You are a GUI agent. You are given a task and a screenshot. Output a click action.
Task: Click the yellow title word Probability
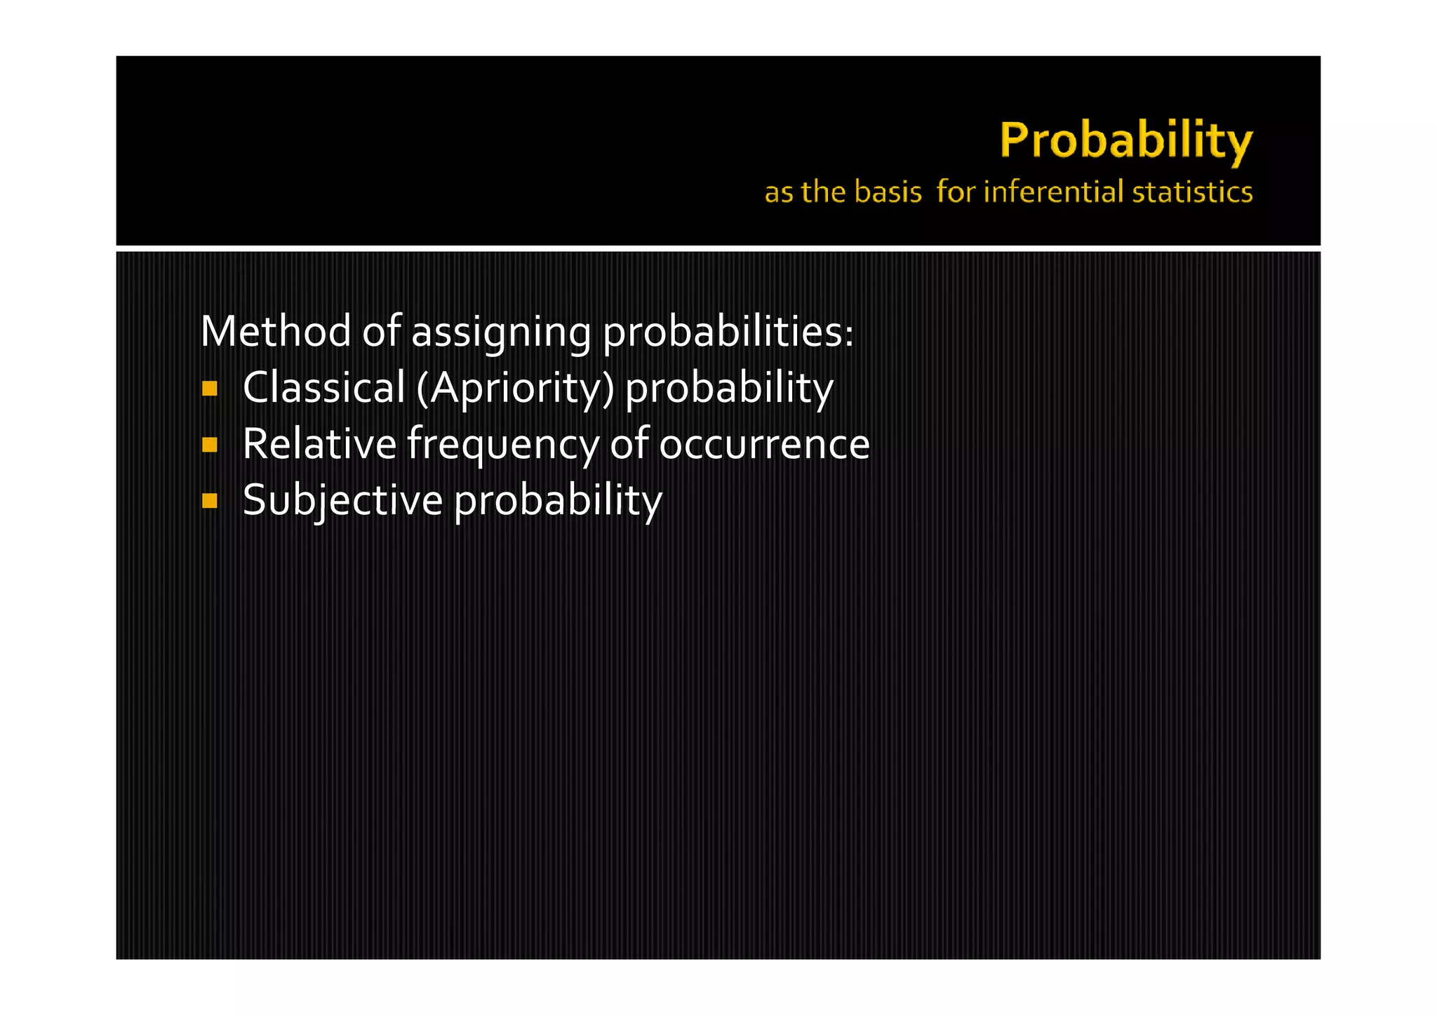[1125, 141]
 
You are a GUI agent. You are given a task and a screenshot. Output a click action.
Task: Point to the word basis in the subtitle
[888, 192]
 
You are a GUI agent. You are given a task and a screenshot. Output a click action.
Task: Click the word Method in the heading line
[276, 331]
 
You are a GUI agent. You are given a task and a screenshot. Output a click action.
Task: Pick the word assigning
[501, 332]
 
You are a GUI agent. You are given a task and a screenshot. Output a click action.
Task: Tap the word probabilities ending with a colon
[728, 332]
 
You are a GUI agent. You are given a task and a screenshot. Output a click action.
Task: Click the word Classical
[323, 387]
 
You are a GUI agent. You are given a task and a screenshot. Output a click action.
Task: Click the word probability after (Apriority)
[729, 389]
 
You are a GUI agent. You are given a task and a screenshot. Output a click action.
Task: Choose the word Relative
[319, 443]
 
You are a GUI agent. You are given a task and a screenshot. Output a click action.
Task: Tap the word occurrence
[764, 445]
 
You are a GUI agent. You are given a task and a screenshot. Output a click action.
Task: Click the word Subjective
[342, 500]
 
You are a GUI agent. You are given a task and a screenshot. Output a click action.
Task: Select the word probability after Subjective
[558, 501]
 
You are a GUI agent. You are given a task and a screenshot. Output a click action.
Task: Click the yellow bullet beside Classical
[209, 389]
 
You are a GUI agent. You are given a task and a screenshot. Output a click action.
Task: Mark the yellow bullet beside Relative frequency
[209, 445]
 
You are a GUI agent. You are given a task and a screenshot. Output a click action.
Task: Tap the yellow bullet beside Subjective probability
[209, 501]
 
